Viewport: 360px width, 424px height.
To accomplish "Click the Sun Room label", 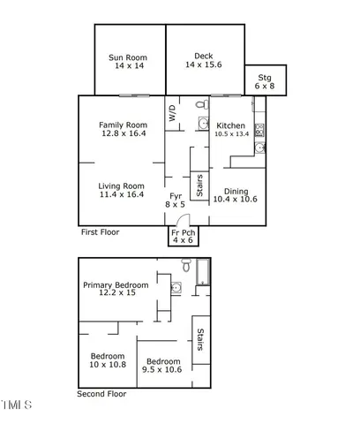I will (x=128, y=58).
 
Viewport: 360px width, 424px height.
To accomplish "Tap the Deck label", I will (x=204, y=58).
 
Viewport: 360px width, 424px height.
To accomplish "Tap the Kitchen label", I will (x=230, y=126).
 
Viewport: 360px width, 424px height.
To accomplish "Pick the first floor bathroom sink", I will (x=202, y=125).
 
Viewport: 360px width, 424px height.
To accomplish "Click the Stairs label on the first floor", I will (x=200, y=186).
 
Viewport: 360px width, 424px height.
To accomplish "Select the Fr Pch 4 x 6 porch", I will (x=183, y=235).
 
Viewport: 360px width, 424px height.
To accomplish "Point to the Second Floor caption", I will (x=101, y=394).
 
